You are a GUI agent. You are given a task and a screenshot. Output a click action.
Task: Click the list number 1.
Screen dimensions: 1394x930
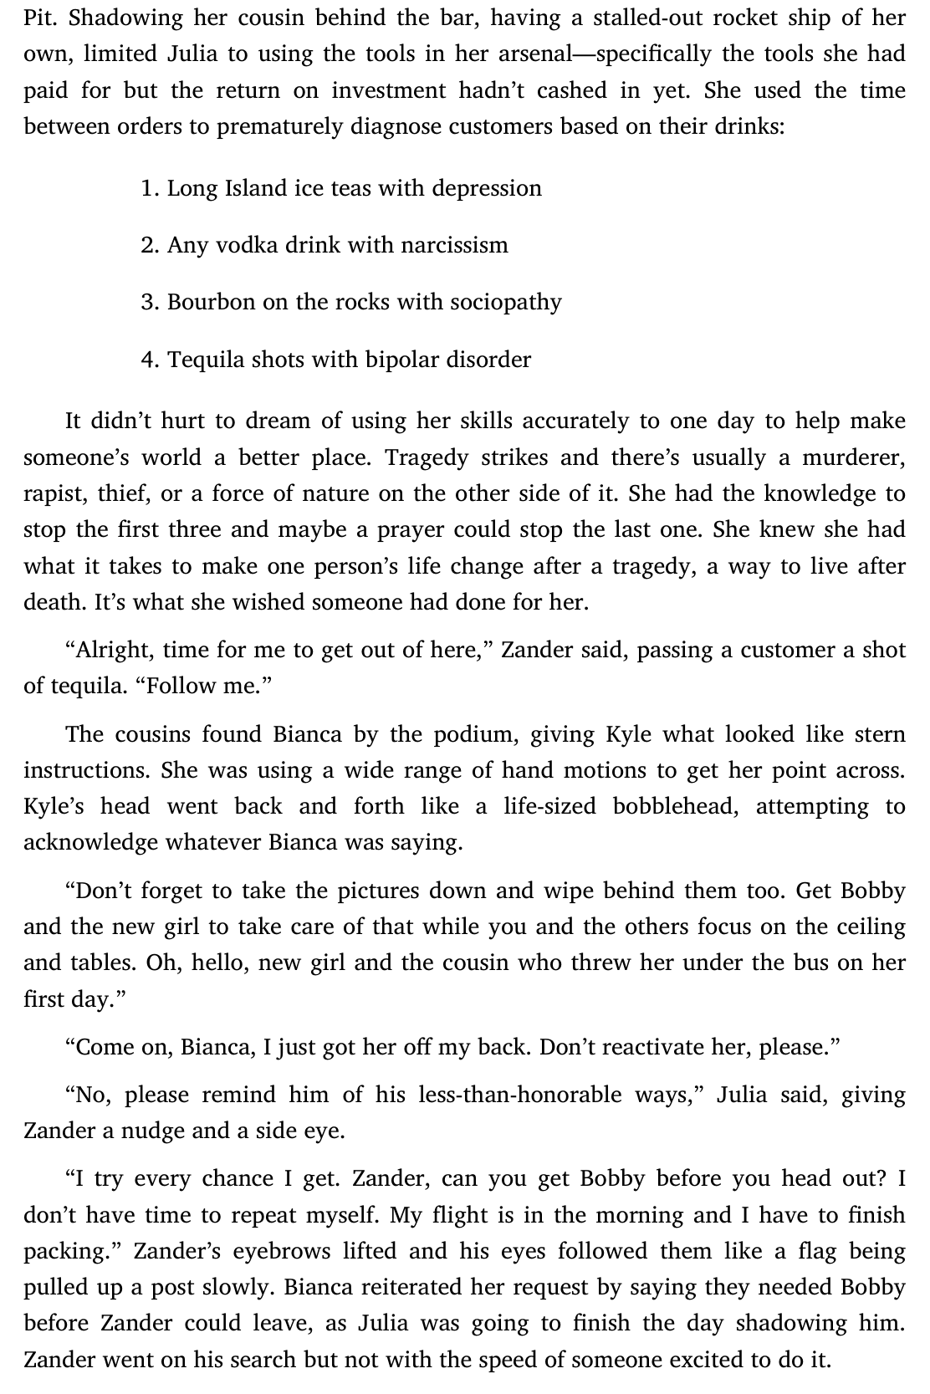coord(149,188)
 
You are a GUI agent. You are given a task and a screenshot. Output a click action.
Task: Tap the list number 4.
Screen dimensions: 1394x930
coord(149,360)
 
